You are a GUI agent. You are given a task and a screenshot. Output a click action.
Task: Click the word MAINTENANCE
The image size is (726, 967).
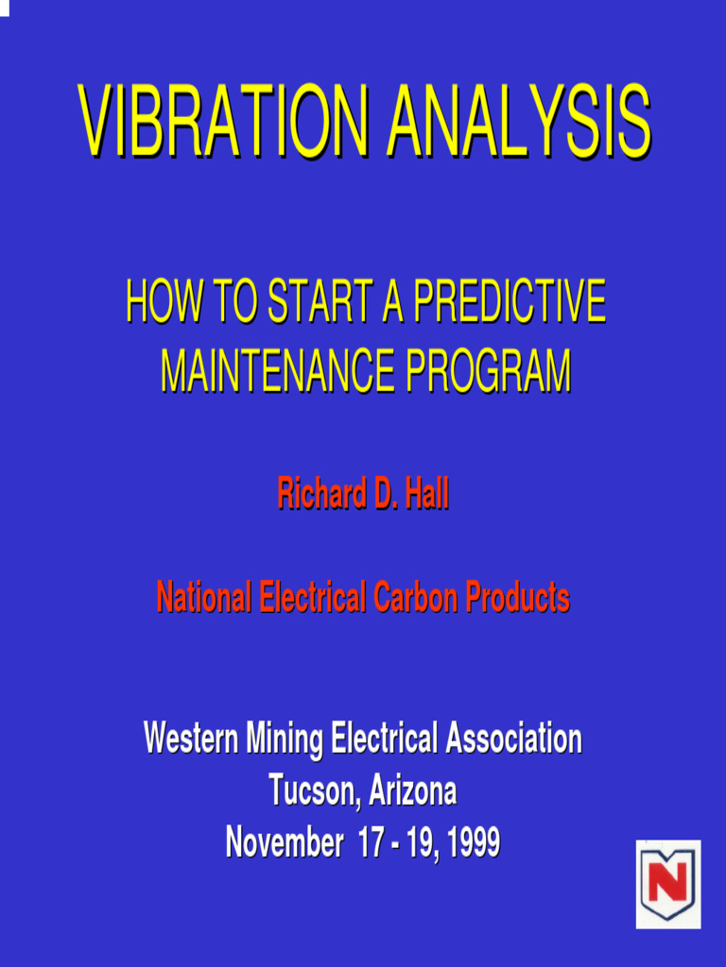tap(279, 371)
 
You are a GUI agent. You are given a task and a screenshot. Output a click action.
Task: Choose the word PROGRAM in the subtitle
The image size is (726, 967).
tap(489, 371)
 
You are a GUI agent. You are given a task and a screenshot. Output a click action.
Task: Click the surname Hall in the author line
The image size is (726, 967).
tap(426, 495)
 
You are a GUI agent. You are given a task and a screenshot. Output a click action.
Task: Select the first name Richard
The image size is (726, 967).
tap(322, 495)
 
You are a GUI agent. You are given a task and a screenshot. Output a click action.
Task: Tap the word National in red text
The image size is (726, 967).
tap(204, 598)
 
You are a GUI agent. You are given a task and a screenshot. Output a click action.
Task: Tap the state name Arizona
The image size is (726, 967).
tap(412, 790)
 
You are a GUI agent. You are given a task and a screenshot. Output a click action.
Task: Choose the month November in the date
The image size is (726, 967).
tap(284, 842)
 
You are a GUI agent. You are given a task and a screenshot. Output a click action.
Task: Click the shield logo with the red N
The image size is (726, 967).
tap(667, 884)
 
